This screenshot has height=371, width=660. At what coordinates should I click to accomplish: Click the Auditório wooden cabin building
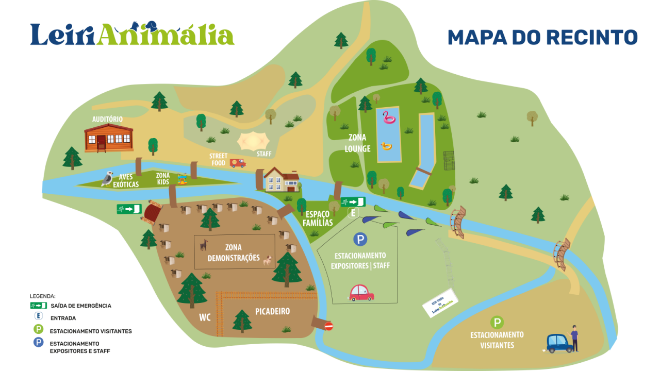click(108, 138)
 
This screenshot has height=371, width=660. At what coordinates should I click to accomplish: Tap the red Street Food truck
click(238, 163)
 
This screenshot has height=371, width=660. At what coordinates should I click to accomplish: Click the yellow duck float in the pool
click(386, 146)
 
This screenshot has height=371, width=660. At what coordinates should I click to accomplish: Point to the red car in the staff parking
click(361, 293)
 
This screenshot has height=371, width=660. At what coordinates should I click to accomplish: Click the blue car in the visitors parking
click(559, 343)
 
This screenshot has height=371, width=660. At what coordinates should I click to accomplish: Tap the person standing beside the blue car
click(574, 338)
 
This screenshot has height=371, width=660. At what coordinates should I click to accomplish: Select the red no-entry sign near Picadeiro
click(328, 326)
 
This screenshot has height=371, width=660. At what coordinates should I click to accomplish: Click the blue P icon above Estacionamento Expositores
click(360, 239)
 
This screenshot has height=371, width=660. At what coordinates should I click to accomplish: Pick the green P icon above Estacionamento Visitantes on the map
click(497, 323)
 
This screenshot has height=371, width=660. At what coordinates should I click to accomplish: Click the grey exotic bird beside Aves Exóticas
click(107, 178)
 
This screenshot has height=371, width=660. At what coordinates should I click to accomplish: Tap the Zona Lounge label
click(358, 143)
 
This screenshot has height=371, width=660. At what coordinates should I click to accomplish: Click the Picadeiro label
click(272, 311)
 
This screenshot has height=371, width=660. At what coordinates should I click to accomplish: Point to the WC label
click(205, 317)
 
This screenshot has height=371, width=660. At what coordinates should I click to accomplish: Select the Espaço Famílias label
click(318, 218)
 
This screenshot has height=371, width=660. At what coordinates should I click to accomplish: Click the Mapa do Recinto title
click(542, 37)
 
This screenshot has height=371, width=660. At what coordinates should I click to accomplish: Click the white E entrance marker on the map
click(353, 213)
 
